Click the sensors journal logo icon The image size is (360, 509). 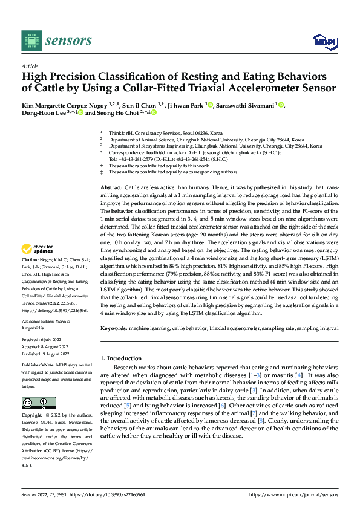click(x=30, y=41)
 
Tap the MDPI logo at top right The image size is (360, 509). click(x=323, y=41)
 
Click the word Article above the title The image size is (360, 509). click(x=29, y=65)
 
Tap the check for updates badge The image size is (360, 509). click(x=38, y=248)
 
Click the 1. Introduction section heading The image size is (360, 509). click(x=123, y=358)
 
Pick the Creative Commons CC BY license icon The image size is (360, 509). click(x=38, y=403)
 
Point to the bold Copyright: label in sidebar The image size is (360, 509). click(x=33, y=415)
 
